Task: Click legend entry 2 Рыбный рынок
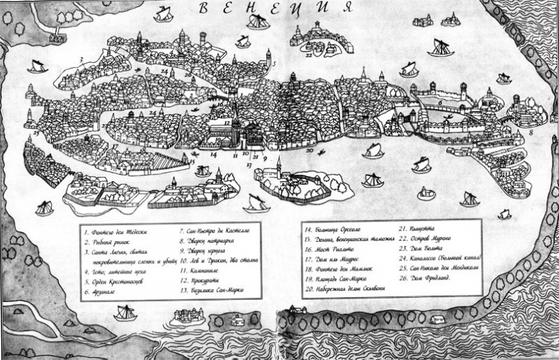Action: [106, 240]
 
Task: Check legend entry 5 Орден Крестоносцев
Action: [113, 281]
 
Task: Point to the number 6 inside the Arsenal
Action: [440, 102]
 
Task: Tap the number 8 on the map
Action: [531, 132]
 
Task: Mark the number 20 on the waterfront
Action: [309, 150]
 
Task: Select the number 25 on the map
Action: [35, 132]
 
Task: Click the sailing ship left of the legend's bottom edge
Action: [126, 312]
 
